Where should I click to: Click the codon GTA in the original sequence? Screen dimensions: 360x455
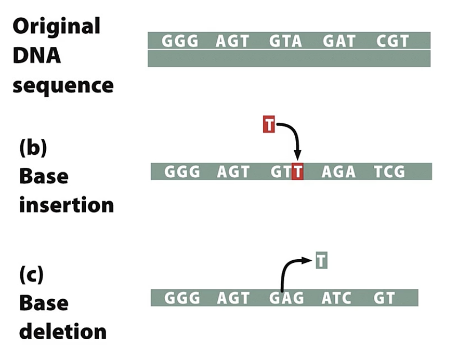pos(286,41)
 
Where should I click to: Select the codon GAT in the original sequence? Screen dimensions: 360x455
pos(339,41)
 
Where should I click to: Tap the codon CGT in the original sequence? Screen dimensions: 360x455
pos(393,41)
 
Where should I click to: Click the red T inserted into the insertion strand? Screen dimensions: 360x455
pos(297,172)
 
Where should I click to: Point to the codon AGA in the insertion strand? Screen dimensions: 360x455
pos(339,172)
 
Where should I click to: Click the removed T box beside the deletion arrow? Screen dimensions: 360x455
pos(321,261)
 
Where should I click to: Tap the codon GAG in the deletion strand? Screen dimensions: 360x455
pos(286,298)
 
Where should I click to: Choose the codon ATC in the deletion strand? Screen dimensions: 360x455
pos(336,298)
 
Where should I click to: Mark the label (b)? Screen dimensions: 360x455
pos(33,148)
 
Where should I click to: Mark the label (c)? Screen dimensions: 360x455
pos(32,275)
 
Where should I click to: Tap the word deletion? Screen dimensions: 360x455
pos(63,332)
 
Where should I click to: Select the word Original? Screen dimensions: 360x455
pos(56,26)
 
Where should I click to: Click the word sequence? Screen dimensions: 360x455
pos(63,85)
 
